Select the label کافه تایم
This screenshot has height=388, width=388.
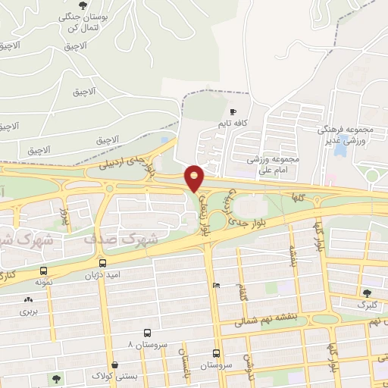click(233, 123)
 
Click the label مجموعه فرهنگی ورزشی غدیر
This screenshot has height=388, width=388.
click(344, 136)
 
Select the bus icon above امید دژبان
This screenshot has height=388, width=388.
click(102, 263)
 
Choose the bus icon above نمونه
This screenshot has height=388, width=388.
click(42, 271)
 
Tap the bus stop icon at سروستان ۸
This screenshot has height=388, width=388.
click(146, 333)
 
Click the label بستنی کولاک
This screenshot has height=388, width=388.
click(112, 377)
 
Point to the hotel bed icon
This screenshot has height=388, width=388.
click(217, 286)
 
